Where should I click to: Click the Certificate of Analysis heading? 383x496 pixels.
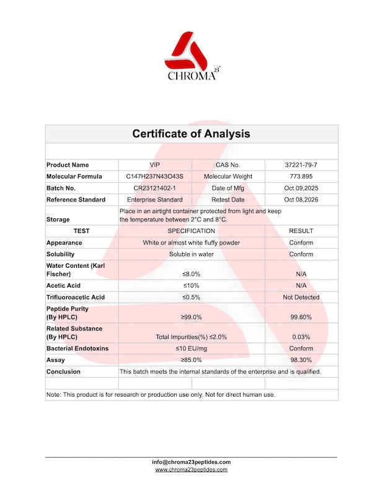[191, 133]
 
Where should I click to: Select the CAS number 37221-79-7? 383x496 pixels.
[301, 165]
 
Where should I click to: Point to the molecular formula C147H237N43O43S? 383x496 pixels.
[154, 177]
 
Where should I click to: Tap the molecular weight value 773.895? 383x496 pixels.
[301, 177]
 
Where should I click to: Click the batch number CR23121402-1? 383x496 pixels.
[154, 188]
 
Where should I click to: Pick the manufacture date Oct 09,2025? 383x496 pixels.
[301, 188]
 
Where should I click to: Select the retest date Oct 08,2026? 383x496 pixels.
[301, 200]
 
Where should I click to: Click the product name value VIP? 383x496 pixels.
[154, 165]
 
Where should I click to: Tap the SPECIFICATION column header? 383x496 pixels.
[191, 231]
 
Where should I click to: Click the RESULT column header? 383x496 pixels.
[301, 231]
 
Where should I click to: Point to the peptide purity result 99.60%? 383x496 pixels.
[301, 317]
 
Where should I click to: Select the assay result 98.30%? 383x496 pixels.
[301, 360]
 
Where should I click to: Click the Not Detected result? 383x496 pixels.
[301, 297]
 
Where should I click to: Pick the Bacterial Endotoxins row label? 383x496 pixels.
[77, 348]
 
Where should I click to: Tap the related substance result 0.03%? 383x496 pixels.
[301, 337]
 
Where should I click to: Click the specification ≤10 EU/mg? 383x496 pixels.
[191, 348]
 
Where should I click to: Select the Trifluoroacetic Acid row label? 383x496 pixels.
[76, 297]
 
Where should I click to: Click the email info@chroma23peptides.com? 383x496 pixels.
[191, 462]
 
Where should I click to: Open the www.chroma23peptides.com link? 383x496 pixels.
[191, 469]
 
